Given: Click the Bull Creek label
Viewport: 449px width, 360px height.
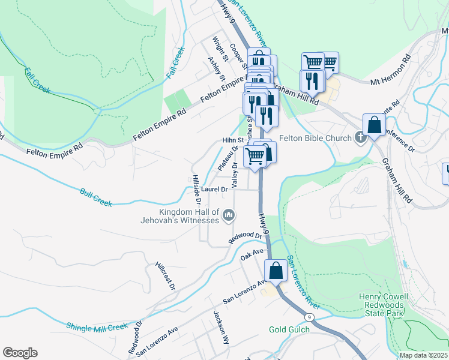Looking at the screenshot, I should (96, 198).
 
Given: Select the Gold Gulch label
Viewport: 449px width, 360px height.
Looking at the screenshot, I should (289, 329).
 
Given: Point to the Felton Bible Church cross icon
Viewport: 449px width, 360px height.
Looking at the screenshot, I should (360, 138).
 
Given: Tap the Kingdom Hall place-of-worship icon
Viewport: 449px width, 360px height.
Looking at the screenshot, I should (228, 215).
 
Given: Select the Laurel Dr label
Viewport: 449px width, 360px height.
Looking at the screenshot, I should (214, 189).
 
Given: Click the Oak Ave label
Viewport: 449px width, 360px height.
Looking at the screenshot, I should (252, 254).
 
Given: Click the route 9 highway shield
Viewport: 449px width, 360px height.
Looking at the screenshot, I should (308, 317).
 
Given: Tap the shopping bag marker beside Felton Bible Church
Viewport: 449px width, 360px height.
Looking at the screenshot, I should (374, 125).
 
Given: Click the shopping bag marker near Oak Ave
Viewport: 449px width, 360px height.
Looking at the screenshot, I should (276, 271).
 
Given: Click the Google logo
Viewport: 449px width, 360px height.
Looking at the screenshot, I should (20, 352).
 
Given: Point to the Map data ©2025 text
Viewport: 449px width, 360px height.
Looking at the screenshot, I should (423, 355).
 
